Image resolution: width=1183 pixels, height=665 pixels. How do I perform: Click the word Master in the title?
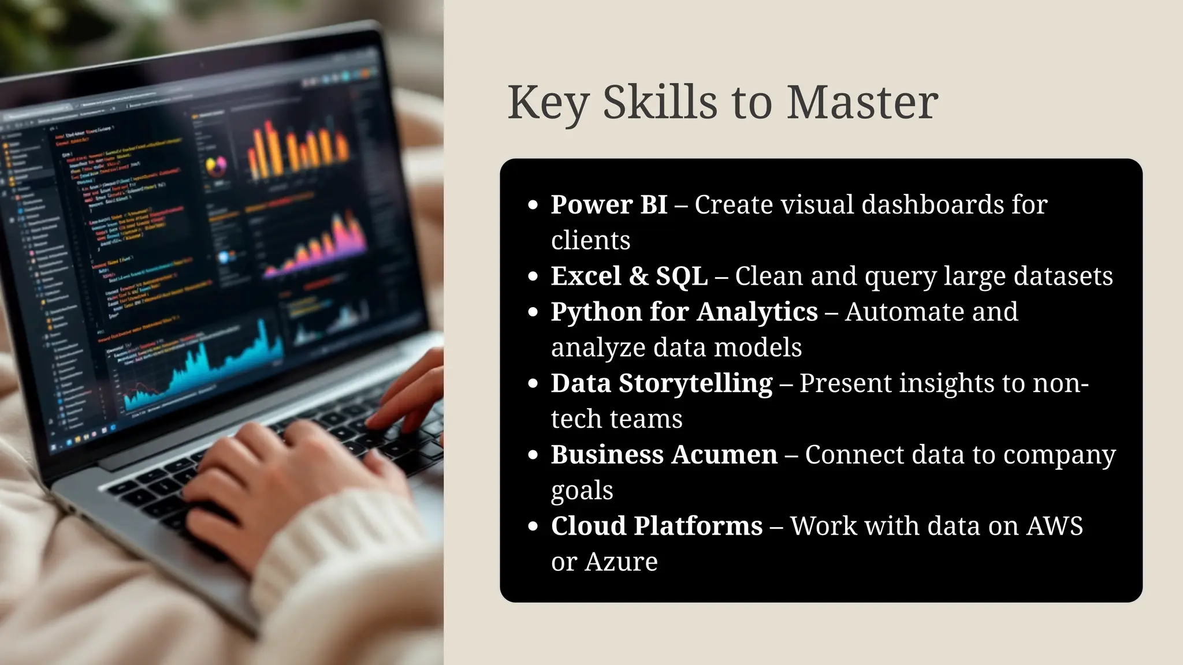(862, 103)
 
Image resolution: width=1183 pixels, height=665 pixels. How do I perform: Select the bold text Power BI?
(609, 205)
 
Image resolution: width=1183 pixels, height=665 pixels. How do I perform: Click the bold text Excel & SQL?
(629, 276)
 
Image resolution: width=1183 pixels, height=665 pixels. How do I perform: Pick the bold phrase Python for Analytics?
(684, 312)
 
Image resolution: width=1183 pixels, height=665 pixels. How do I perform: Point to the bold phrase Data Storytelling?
(661, 383)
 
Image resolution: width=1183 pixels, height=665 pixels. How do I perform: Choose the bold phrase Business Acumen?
(664, 455)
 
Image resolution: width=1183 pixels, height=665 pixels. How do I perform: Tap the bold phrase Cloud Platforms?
(657, 526)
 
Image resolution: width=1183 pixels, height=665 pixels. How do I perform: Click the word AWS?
(1054, 526)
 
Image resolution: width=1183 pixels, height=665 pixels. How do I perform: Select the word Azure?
(621, 562)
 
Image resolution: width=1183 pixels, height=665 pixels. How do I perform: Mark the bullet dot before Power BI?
(533, 206)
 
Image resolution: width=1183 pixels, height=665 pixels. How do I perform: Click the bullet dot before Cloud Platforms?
(533, 526)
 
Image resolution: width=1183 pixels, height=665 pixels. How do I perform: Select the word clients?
(590, 241)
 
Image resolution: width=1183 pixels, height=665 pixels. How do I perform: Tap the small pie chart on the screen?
(217, 166)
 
